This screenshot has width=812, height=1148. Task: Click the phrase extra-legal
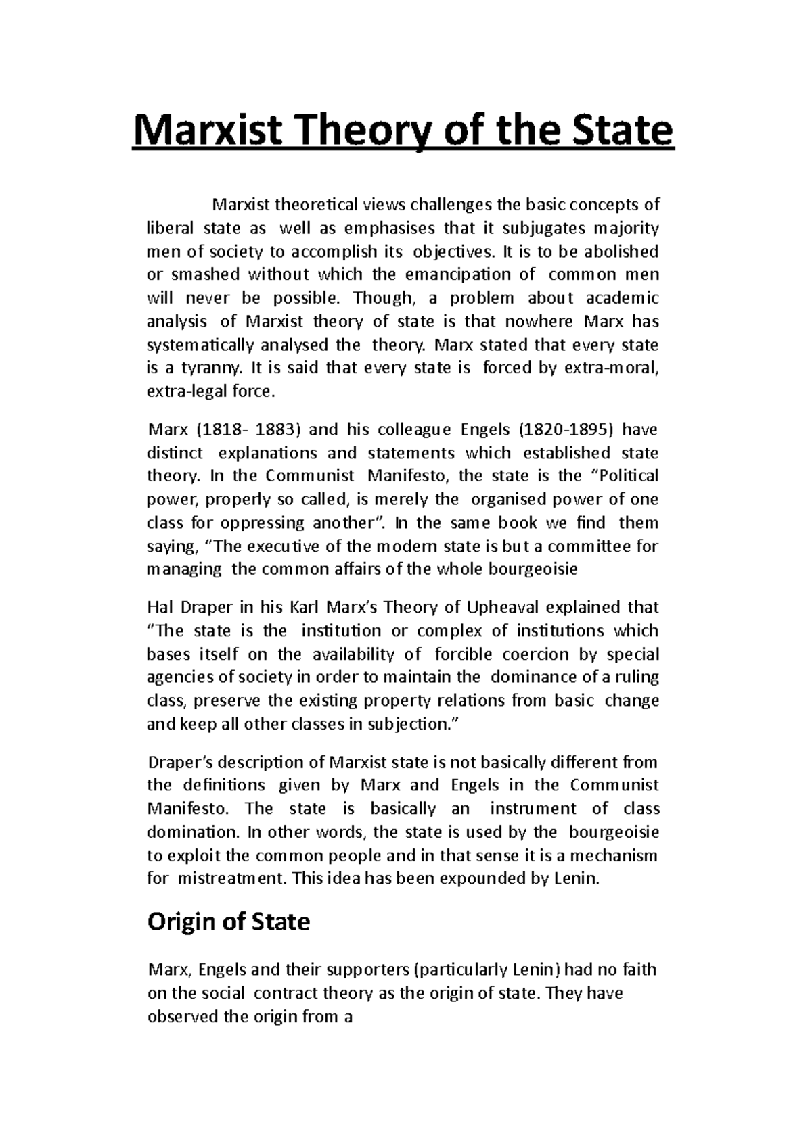tap(182, 391)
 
